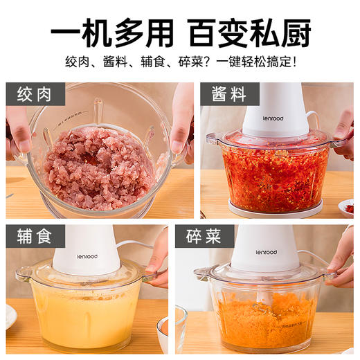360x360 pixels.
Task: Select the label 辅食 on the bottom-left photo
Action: pyautogui.click(x=35, y=237)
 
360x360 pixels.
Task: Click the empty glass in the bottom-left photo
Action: pyautogui.click(x=170, y=329)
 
